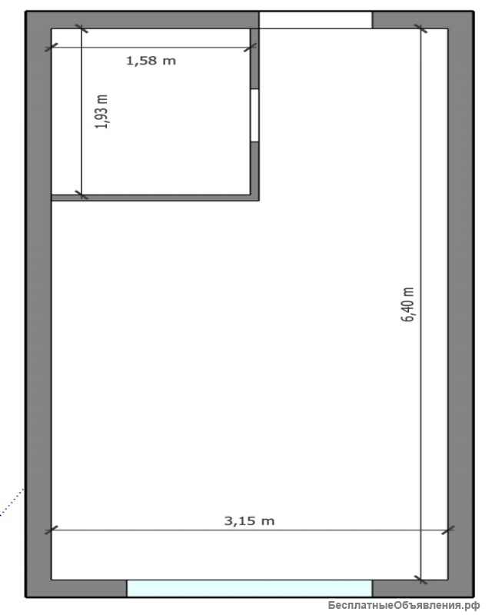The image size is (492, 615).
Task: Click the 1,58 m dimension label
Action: [151, 61]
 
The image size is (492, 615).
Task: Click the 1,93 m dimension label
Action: [102, 111]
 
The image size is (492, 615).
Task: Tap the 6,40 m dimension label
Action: [407, 304]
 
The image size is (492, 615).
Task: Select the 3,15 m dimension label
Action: [249, 521]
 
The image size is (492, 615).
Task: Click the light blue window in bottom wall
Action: [249, 588]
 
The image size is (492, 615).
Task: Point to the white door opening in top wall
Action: [315, 20]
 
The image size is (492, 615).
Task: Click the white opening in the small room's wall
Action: [254, 115]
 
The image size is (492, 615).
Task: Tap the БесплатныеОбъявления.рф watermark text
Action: [404, 606]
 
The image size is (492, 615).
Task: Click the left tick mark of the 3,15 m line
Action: [52, 530]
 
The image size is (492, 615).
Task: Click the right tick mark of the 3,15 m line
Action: [448, 530]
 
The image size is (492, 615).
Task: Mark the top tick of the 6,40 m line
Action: [421, 28]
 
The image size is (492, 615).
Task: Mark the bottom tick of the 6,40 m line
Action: [421, 580]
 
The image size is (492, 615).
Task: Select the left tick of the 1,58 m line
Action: [52, 48]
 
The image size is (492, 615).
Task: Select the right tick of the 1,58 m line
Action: [251, 48]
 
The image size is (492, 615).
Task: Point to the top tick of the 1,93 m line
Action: [81, 28]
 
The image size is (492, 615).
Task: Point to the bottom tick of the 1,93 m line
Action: [81, 194]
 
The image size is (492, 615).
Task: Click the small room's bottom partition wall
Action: [155, 198]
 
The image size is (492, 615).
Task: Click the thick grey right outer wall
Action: [461, 304]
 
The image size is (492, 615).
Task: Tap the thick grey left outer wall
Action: [38, 304]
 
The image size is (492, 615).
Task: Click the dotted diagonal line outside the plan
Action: [12, 502]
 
